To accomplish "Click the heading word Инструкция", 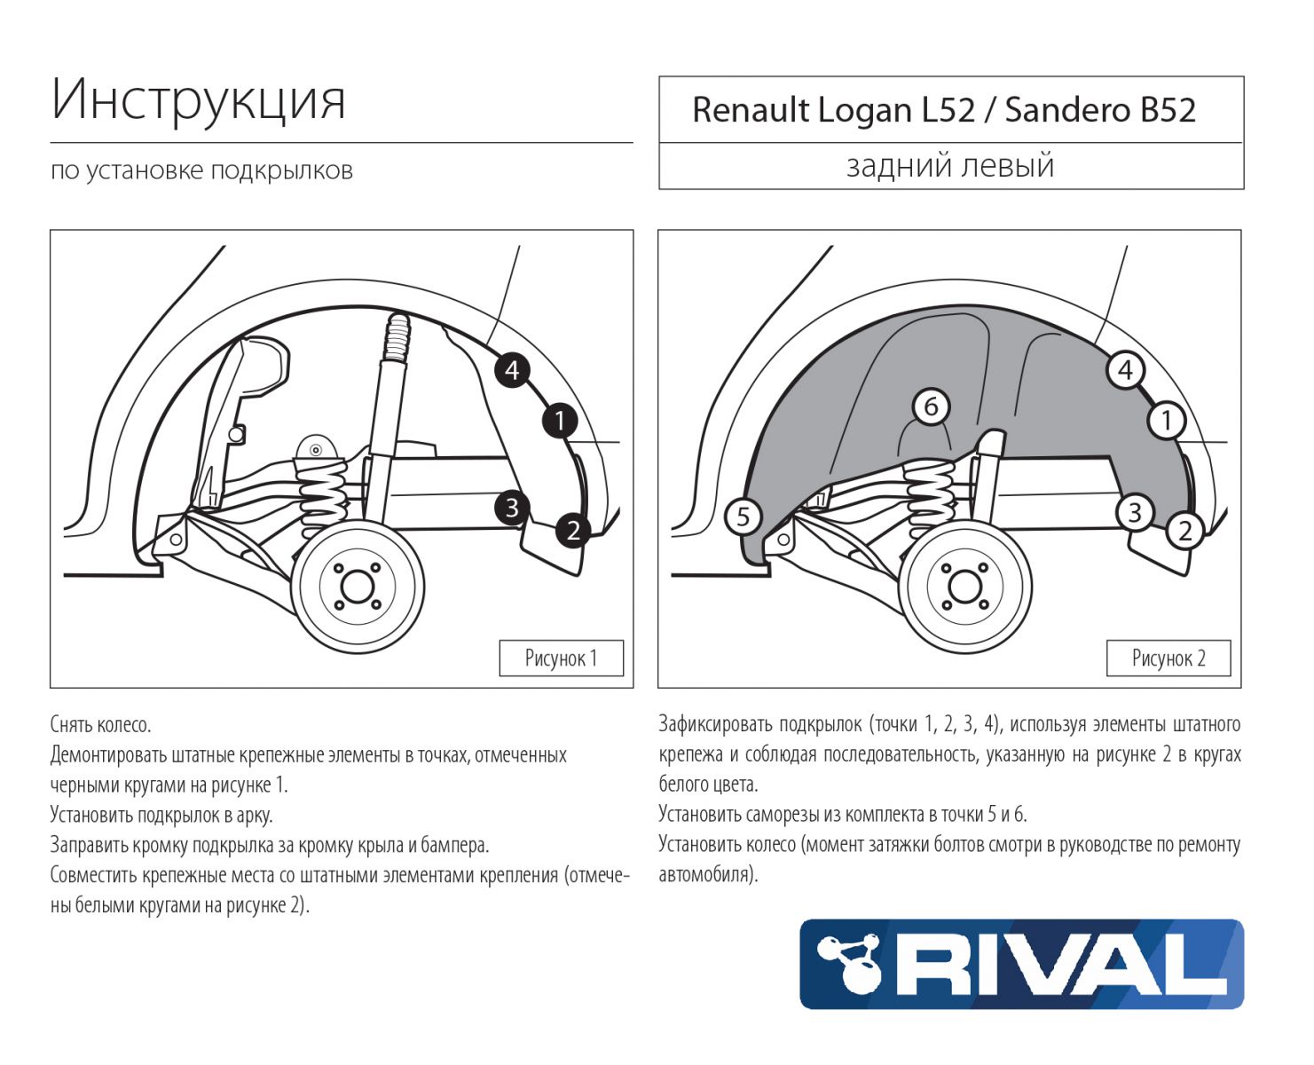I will [x=198, y=99].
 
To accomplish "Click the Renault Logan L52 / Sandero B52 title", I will [x=944, y=110].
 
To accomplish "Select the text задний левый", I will [x=950, y=165].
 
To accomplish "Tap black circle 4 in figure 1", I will [x=512, y=369].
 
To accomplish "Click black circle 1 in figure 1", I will [x=560, y=421].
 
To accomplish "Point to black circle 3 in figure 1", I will [x=512, y=508].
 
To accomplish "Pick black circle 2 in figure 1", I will [x=573, y=531].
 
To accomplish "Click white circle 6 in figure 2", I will [x=931, y=406].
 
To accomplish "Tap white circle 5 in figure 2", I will [x=744, y=517].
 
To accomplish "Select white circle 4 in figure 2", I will [x=1125, y=369].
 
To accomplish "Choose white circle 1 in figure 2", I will [x=1167, y=421].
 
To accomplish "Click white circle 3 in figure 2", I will [x=1135, y=512].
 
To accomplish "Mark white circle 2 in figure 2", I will [x=1185, y=531].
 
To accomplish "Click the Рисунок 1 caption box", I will [x=561, y=659].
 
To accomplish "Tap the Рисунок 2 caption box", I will [x=1168, y=659].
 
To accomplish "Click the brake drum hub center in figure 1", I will [x=357, y=587].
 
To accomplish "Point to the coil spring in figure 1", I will [x=322, y=497].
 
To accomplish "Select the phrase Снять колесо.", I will [x=100, y=725].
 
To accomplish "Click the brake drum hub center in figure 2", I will [x=964, y=587].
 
